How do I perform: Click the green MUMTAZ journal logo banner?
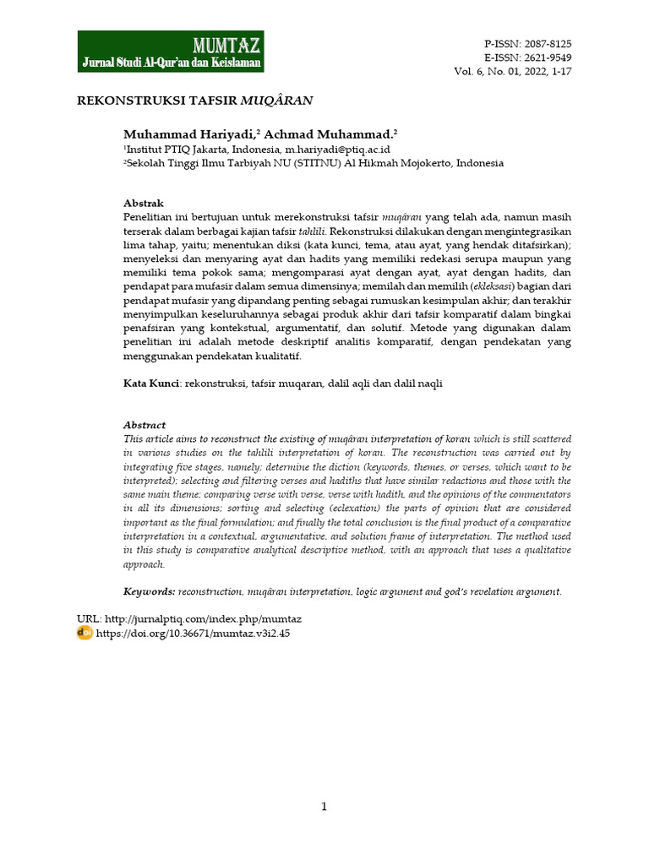pyautogui.click(x=171, y=52)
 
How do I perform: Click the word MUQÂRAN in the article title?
pyautogui.click(x=277, y=100)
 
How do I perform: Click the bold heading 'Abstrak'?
pyautogui.click(x=143, y=204)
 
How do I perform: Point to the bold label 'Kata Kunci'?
pyautogui.click(x=151, y=384)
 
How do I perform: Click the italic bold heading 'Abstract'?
pyautogui.click(x=145, y=425)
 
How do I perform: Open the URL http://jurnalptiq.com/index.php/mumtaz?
pyautogui.click(x=204, y=619)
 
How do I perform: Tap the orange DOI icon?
pyautogui.click(x=85, y=633)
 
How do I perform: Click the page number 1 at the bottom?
pyautogui.click(x=324, y=807)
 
